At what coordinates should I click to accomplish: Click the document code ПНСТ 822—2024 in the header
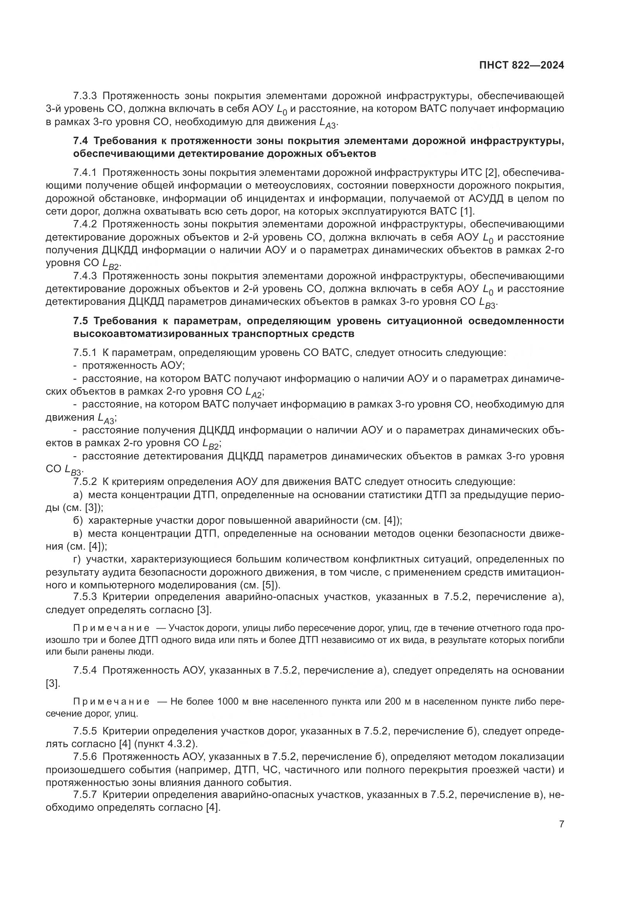(521, 65)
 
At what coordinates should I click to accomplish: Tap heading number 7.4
(81, 141)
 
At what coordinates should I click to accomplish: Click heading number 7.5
(81, 321)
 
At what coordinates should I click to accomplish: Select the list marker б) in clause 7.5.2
(78, 521)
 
